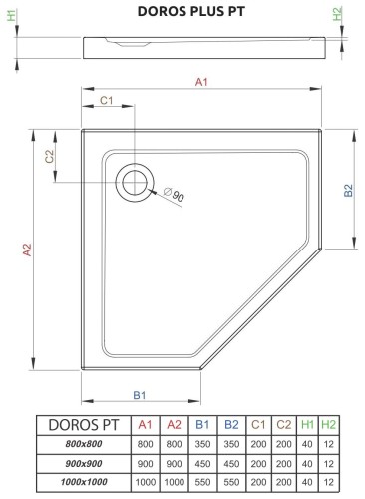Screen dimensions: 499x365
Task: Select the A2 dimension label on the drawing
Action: (27, 249)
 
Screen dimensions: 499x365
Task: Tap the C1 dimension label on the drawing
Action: (108, 102)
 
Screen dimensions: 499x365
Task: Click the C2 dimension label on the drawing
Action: (49, 157)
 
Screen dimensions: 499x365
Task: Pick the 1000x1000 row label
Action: (83, 483)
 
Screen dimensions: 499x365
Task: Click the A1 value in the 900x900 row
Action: (146, 464)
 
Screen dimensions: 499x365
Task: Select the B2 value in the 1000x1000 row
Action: (230, 483)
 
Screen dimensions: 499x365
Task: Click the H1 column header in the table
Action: (308, 425)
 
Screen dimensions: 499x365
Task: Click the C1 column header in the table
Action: (257, 425)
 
